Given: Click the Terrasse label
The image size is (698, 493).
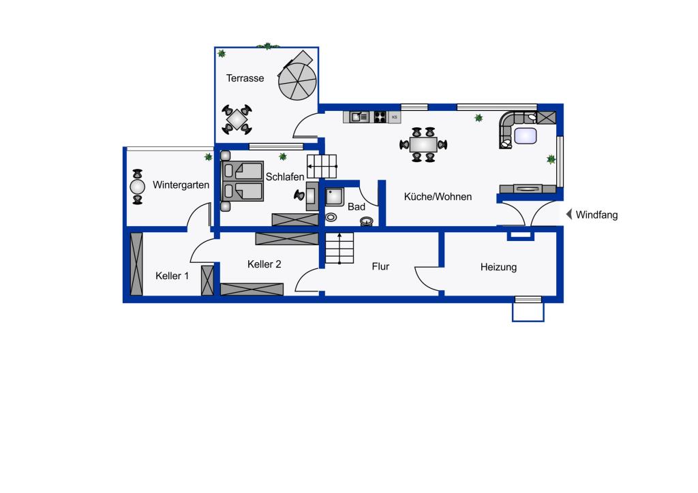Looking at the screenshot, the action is tap(245, 78).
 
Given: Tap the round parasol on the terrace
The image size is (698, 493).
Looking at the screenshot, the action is tap(297, 81).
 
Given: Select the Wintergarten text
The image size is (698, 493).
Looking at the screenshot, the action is tap(181, 185).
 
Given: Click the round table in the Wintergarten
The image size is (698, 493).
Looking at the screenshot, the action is tap(138, 187).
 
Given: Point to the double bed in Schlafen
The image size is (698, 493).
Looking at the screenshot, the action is tap(242, 181).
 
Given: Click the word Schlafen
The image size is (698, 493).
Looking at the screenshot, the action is tap(285, 177).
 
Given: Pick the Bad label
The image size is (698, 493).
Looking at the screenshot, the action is tap(356, 207).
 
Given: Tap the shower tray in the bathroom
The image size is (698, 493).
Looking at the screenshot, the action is tap(334, 197).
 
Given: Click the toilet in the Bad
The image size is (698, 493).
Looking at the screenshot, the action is tap(367, 221).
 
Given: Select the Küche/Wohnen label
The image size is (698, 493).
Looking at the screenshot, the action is tap(438, 197).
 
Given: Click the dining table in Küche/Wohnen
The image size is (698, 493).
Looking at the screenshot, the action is tap(423, 144).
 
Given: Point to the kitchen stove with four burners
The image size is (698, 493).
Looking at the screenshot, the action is tap(380, 117).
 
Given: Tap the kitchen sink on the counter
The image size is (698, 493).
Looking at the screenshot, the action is tap(359, 117).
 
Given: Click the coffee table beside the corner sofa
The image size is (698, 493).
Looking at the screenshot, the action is tap(526, 136).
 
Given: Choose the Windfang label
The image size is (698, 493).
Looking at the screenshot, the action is tap(596, 214).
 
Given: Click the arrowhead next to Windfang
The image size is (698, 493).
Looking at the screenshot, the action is tap(568, 214).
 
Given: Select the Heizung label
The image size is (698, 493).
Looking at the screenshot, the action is tap(498, 267).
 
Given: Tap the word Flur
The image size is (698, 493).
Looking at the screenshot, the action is tap(380, 266).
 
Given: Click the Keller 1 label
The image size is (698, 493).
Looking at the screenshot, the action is tap(172, 276).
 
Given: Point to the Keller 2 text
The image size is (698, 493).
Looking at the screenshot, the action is tap(264, 264).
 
